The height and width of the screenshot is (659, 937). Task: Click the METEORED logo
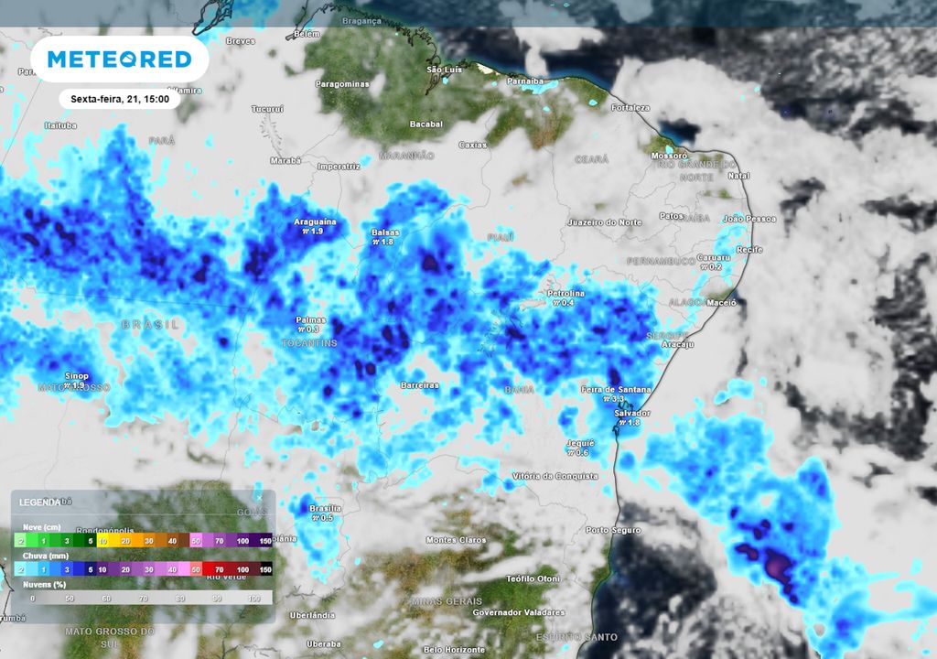point(119,59)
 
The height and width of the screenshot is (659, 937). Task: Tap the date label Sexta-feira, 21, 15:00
point(120,99)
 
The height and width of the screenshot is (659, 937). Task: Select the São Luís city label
point(446,70)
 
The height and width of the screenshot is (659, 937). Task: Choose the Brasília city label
point(326,508)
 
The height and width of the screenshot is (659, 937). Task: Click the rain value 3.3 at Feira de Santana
point(617,399)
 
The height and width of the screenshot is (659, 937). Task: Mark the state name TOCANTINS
point(308,343)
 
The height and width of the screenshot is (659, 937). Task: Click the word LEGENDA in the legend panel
point(39,502)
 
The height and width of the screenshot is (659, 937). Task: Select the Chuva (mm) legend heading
point(45,555)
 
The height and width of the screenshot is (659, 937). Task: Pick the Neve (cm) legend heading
point(42,526)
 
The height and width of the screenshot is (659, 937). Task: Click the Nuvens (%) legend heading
point(45,583)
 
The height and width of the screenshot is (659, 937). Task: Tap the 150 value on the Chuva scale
point(265,569)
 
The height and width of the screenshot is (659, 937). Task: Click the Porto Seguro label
point(613,530)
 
